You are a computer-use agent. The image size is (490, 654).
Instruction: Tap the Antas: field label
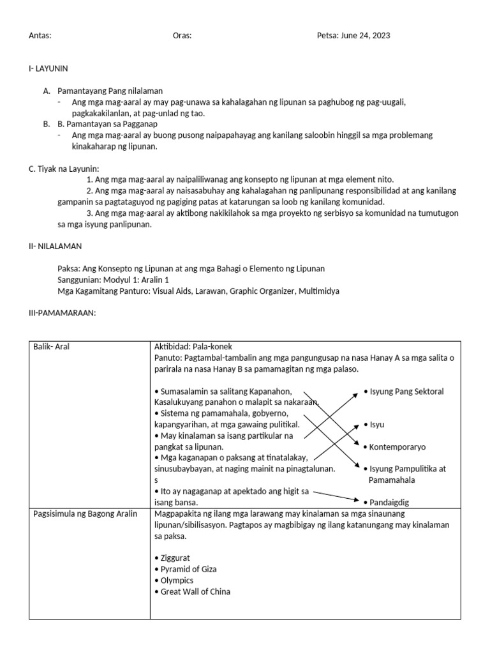tap(40, 36)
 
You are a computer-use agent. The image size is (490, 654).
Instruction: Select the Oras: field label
tap(182, 36)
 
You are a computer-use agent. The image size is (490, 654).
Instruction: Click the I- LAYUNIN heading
tap(48, 68)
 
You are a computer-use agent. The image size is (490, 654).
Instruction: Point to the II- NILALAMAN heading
tap(55, 247)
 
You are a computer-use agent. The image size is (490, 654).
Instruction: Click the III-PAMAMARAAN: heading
tap(62, 313)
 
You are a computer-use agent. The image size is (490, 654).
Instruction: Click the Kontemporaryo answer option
tap(397, 446)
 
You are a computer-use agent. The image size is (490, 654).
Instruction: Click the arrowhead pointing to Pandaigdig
tap(355, 500)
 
